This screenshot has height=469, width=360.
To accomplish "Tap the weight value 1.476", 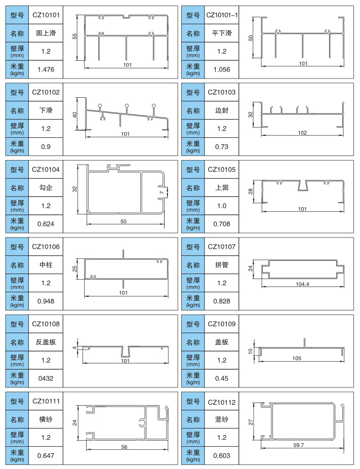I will click(46, 69).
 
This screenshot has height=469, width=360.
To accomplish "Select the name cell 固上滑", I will click(46, 34).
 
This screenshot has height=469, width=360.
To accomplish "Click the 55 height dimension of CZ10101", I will click(74, 36).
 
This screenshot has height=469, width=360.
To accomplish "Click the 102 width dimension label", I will click(302, 133).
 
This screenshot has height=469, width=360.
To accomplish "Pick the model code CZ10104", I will click(46, 169).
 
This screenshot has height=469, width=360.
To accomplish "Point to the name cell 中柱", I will click(46, 265).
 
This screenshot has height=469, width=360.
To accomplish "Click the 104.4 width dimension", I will click(302, 285).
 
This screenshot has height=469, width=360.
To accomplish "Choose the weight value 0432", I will click(46, 378).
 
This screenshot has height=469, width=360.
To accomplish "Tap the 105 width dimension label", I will click(297, 359).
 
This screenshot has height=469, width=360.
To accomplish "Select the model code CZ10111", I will click(46, 401).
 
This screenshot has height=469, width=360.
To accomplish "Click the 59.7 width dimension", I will click(299, 446).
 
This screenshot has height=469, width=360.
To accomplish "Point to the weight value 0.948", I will click(46, 301).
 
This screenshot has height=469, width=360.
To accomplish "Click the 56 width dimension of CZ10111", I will click(125, 447).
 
